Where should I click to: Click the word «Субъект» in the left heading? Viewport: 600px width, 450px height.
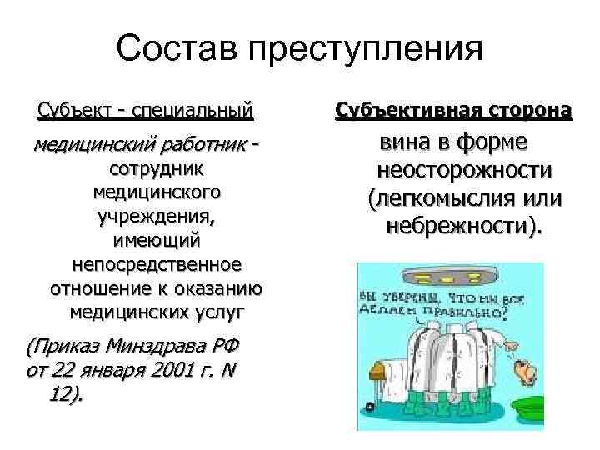[x=71, y=109]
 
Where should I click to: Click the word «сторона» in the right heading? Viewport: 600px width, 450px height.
[x=525, y=109]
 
